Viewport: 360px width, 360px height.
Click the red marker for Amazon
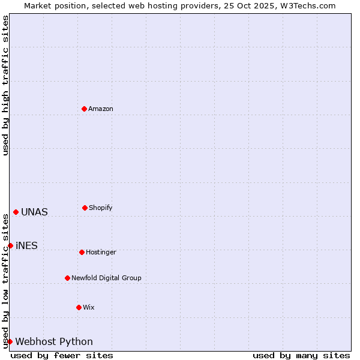pos(84,109)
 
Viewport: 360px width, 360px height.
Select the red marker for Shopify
pos(85,208)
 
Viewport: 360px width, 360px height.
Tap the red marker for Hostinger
pos(82,252)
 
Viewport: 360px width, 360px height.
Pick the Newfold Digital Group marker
pos(67,278)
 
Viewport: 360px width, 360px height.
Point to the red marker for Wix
pos(79,307)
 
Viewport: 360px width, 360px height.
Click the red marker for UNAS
pos(16,212)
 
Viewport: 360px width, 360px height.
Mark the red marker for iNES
pos(10,245)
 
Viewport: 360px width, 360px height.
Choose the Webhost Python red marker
pos(10,341)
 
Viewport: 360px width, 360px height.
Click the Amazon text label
pos(101,109)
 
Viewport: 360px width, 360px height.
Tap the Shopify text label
pos(101,208)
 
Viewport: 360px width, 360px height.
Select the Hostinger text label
pos(101,253)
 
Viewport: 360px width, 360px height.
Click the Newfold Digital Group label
pos(106,278)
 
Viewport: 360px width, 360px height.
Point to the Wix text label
pos(89,308)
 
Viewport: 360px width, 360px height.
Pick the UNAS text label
pos(34,212)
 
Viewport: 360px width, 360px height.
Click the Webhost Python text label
pos(54,342)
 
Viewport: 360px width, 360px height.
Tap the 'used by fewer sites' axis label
pos(62,355)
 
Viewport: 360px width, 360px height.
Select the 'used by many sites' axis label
pos(301,355)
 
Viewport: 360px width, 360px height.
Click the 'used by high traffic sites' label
pos(5,85)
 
